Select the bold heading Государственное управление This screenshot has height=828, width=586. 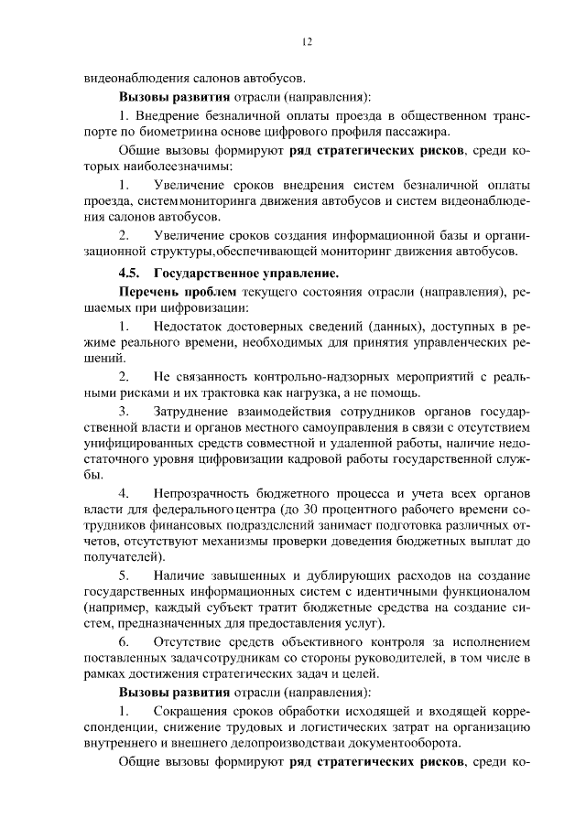click(246, 273)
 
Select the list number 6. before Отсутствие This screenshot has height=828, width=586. click(125, 641)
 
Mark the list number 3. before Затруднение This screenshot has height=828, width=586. click(125, 414)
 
